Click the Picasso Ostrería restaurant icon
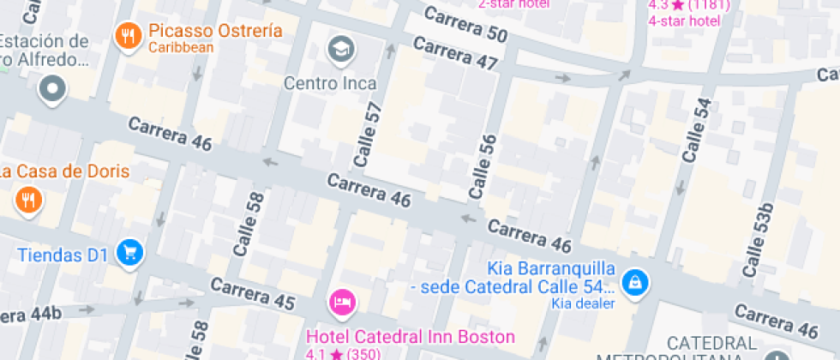129,36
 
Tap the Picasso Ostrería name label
215,31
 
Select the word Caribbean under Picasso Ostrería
181,48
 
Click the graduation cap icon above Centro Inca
341,49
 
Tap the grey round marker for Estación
53,87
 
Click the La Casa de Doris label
65,171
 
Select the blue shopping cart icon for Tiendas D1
130,253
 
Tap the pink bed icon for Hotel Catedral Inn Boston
343,302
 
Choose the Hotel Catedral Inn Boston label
411,336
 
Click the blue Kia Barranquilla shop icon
635,282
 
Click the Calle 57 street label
367,135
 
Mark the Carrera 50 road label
465,27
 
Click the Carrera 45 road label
253,294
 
